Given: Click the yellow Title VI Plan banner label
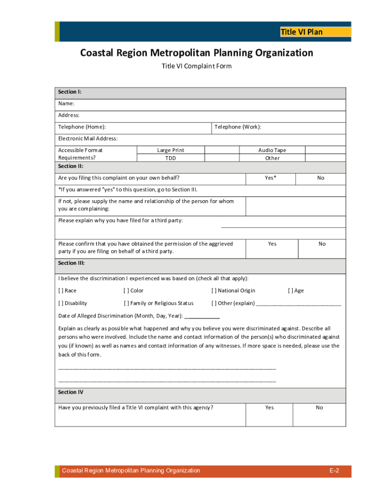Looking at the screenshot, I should [301, 32].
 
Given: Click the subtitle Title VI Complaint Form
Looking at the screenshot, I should [196, 66].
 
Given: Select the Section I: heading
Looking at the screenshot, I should [70, 92].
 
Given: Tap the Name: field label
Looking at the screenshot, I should [66, 104].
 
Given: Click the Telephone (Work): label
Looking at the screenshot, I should [238, 127].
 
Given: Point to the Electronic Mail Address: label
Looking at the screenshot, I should [88, 139].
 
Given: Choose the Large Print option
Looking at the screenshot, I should [171, 151].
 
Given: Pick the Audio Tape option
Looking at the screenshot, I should [272, 151].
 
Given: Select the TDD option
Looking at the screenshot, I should [171, 158].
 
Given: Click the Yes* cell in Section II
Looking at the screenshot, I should [271, 178].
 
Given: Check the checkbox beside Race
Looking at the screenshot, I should [61, 291].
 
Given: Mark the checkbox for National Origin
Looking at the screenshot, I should [214, 291].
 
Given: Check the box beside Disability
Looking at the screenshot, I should [61, 303].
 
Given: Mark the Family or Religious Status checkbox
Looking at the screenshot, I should [126, 303].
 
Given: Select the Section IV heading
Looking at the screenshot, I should [71, 393].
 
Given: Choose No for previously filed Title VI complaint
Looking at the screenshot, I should [319, 408].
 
